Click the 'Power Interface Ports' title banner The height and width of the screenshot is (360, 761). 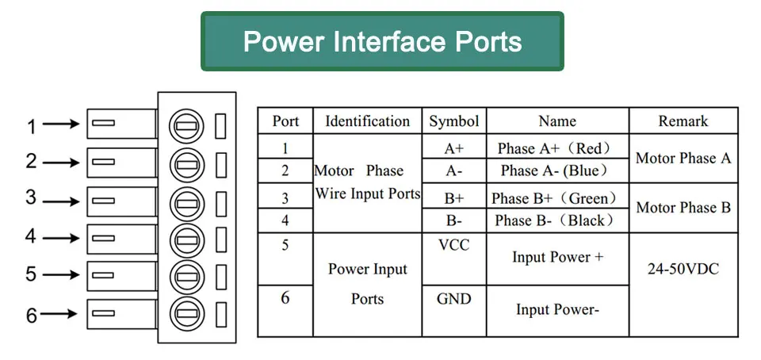382,41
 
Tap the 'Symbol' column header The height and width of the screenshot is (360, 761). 453,121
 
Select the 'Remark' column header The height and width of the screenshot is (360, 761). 683,121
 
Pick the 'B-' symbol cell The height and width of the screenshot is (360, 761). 453,220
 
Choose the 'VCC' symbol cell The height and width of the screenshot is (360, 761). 453,246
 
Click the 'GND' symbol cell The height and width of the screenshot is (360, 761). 453,299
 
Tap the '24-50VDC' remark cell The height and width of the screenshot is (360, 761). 683,270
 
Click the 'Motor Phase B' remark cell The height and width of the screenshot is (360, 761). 683,208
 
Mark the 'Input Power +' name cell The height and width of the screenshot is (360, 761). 557,257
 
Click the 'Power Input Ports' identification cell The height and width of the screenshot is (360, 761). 367,284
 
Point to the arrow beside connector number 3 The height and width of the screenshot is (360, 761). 61,201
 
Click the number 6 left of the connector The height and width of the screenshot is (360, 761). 32,316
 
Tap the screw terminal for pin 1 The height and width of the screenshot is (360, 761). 186,126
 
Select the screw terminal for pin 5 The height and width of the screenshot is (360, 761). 186,277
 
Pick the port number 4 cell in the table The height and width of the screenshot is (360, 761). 285,220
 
